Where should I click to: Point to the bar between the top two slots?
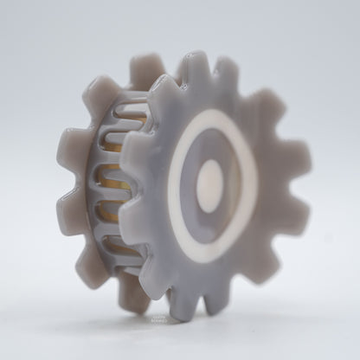tap(123, 124)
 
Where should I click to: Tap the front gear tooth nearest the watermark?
tap(178, 299)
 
